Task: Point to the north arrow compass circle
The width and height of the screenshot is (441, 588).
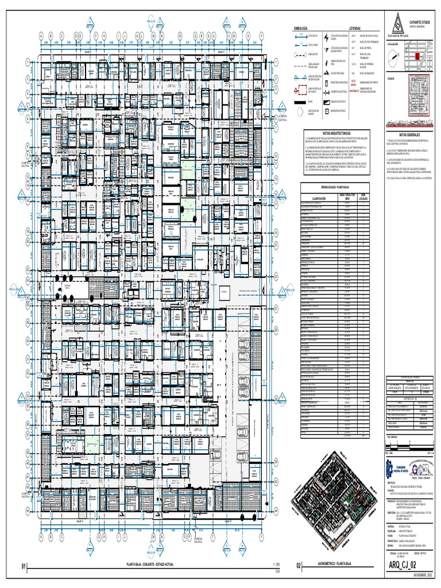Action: coord(392,56)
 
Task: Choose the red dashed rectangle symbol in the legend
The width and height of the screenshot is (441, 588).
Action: coord(300,90)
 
